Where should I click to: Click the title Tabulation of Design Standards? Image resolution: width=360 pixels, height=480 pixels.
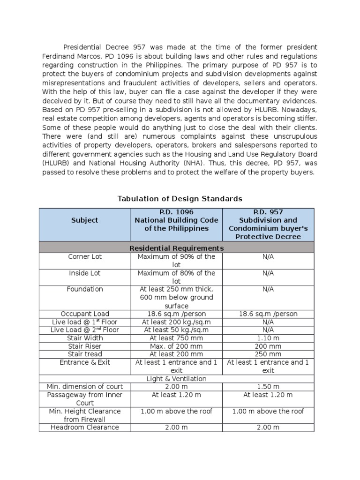click(180, 198)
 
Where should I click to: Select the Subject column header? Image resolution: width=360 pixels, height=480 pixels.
click(85, 220)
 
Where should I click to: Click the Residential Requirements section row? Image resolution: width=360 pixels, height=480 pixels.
click(176, 248)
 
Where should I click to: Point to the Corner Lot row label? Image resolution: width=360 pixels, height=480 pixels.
click(85, 257)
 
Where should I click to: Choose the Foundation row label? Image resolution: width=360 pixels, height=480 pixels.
click(85, 289)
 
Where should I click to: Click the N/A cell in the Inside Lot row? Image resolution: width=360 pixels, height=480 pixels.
click(268, 273)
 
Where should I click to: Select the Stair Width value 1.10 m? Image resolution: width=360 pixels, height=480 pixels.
click(268, 338)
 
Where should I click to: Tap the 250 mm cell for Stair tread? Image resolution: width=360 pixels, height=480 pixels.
click(268, 354)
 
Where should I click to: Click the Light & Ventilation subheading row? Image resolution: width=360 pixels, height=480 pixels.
click(176, 378)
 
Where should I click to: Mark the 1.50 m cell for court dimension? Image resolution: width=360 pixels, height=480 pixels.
click(268, 387)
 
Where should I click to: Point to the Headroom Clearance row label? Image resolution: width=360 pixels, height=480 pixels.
click(85, 427)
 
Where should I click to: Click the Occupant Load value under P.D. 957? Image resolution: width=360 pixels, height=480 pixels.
click(268, 314)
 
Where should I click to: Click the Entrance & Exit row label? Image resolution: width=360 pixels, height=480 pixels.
click(85, 362)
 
